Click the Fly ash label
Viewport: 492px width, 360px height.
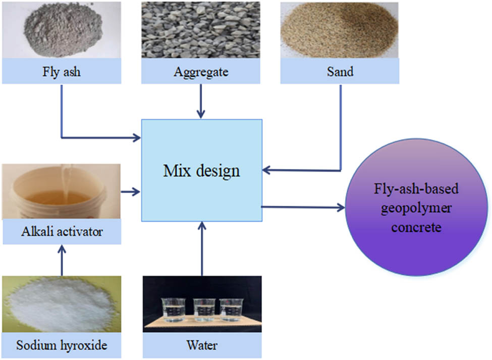coord(61,72)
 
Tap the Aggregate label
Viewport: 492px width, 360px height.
coord(201,72)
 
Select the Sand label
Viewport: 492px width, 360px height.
coord(340,72)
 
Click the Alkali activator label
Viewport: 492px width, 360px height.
coord(62,232)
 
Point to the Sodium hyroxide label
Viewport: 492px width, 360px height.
coord(62,346)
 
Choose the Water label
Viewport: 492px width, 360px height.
coord(202,346)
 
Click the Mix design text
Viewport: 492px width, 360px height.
coord(201,171)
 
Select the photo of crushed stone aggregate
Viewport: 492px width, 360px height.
coord(201,29)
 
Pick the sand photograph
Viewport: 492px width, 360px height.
coord(340,29)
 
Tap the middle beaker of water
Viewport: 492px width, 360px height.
coord(204,309)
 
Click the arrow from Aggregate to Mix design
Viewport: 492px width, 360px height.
coord(201,101)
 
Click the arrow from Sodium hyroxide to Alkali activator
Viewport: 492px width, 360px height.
coord(62,260)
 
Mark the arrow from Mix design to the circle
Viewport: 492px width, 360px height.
coord(303,207)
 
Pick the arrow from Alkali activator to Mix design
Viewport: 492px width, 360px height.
coord(131,191)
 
